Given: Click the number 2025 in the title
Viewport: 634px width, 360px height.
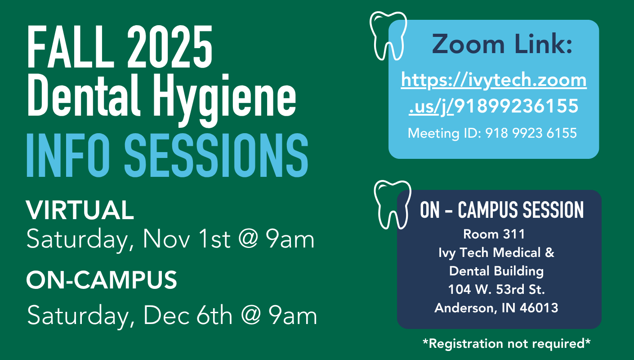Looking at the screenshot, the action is point(170,46).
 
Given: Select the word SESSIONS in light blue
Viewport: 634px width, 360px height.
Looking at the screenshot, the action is point(216,155).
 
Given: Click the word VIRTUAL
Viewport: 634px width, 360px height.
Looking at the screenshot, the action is point(80,210).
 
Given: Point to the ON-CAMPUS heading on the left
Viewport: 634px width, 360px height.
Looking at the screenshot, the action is point(102,280).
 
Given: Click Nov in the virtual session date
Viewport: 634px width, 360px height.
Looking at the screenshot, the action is point(166,239).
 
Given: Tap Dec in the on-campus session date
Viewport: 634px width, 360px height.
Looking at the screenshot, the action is point(166,315).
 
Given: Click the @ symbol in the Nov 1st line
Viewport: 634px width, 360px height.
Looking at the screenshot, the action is point(249,239).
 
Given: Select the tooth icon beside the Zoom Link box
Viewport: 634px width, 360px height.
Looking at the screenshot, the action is point(388,36).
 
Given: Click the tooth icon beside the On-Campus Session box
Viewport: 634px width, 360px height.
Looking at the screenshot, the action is point(393,205).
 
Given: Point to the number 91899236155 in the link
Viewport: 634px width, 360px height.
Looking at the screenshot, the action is point(516,106).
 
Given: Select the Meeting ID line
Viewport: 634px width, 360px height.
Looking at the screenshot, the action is point(492,133).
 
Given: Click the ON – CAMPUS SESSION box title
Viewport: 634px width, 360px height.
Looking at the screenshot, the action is point(502,210).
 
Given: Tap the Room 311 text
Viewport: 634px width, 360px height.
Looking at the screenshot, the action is point(494,234).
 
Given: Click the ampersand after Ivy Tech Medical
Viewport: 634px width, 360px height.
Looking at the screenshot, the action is point(549,252).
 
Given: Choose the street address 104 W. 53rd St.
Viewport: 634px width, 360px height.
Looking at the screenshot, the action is point(496,289).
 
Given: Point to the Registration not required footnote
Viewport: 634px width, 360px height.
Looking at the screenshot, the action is point(506,343).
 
